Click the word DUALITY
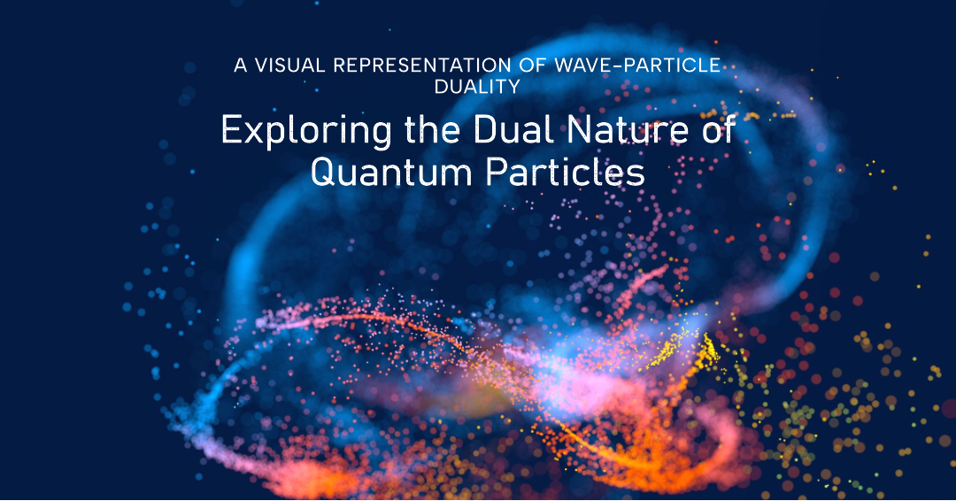478,87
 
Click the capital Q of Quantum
323,172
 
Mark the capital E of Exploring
230,131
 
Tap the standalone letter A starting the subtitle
240,66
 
